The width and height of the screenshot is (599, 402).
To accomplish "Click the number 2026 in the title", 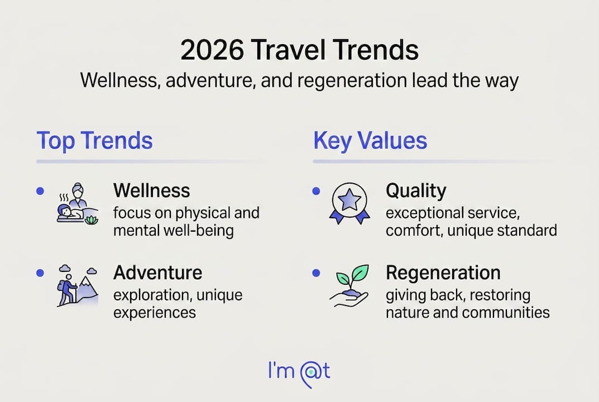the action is [212, 50].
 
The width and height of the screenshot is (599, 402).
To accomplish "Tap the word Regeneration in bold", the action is [443, 273].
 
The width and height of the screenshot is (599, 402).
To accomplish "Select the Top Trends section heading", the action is [94, 141].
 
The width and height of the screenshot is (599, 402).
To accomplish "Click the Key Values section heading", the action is [370, 141].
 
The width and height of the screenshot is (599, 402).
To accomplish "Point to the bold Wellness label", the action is [152, 190].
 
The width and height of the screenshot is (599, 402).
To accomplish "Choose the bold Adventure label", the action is [158, 273].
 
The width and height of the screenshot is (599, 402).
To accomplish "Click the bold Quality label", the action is [416, 191].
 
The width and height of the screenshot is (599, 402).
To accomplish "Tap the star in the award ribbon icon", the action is [349, 200].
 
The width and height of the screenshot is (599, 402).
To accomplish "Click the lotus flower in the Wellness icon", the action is [91, 220].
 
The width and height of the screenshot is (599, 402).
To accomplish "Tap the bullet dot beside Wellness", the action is [40, 191].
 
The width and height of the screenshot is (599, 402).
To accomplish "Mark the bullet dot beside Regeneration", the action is [316, 273].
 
